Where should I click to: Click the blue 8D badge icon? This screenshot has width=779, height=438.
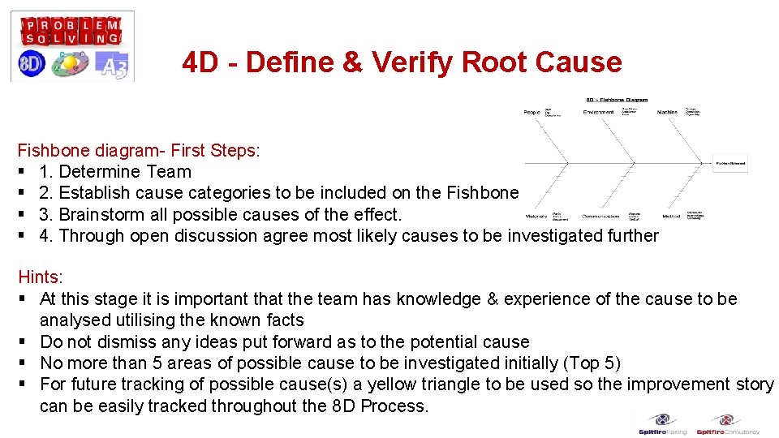pos(32,64)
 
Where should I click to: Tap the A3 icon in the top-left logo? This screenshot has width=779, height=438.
pos(112,65)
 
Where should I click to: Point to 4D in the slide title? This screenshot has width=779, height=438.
pos(200,62)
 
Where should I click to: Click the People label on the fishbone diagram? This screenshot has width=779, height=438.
pos(532,112)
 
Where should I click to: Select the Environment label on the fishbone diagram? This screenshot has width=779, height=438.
pos(598,112)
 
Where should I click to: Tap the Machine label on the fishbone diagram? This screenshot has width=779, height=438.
pos(667,112)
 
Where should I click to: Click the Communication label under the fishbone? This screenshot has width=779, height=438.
pos(600,217)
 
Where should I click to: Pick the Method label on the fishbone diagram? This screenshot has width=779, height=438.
pos(671,217)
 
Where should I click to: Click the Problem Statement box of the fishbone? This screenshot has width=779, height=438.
pos(730,162)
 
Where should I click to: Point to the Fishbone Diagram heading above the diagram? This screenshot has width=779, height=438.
pos(617,100)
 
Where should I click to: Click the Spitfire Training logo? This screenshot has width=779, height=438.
pos(662,424)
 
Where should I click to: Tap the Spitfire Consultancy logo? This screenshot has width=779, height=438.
pos(727,424)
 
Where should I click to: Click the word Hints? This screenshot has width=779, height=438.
pos(40,277)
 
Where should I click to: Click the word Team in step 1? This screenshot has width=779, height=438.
pos(170,171)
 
